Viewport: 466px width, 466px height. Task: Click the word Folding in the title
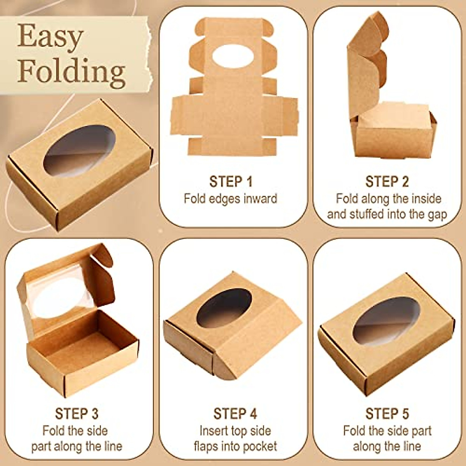[71, 72]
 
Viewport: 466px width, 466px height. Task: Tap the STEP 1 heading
[231, 181]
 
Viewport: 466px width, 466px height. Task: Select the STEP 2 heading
[387, 181]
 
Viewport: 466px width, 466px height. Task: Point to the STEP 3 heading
[77, 414]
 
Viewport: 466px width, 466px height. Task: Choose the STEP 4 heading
[235, 414]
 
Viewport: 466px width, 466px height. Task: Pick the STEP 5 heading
[387, 414]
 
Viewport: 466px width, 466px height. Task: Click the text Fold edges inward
[230, 198]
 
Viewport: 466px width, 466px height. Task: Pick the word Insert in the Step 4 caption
[214, 431]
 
